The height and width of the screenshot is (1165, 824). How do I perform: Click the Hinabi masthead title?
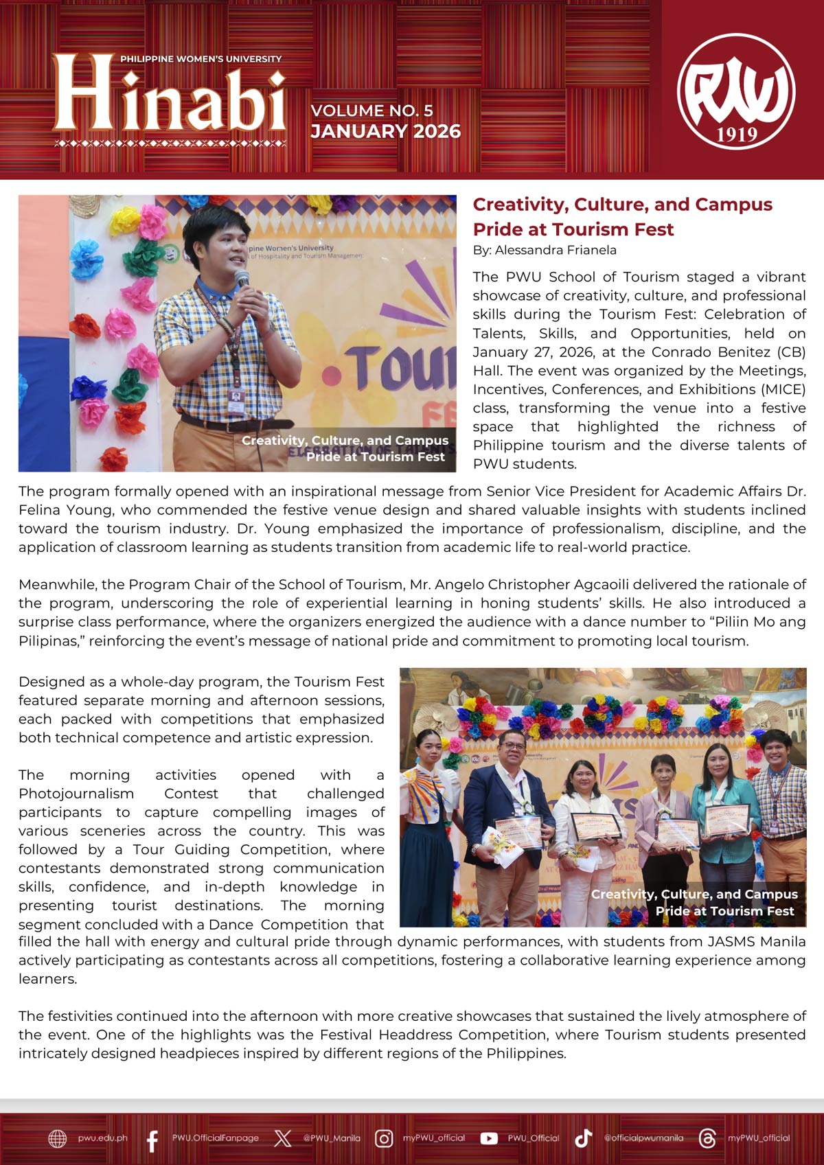(169, 94)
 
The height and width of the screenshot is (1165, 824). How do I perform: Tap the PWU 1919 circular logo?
(736, 91)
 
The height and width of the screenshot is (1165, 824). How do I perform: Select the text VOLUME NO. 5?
(371, 111)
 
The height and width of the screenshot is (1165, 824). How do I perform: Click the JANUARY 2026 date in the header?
(385, 131)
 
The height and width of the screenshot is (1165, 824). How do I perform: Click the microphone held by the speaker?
(242, 279)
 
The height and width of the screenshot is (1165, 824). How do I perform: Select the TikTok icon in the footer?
(583, 1138)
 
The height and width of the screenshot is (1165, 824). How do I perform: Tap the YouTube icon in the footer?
(488, 1138)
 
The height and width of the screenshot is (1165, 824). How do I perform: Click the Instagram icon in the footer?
(384, 1138)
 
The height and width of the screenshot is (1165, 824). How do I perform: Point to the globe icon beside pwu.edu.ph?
(58, 1138)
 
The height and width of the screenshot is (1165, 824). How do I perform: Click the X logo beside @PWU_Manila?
(282, 1138)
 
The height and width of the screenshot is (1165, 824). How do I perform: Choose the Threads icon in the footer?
(707, 1138)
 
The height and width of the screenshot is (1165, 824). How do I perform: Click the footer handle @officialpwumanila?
(643, 1138)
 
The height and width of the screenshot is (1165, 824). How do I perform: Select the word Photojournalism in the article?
(76, 794)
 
